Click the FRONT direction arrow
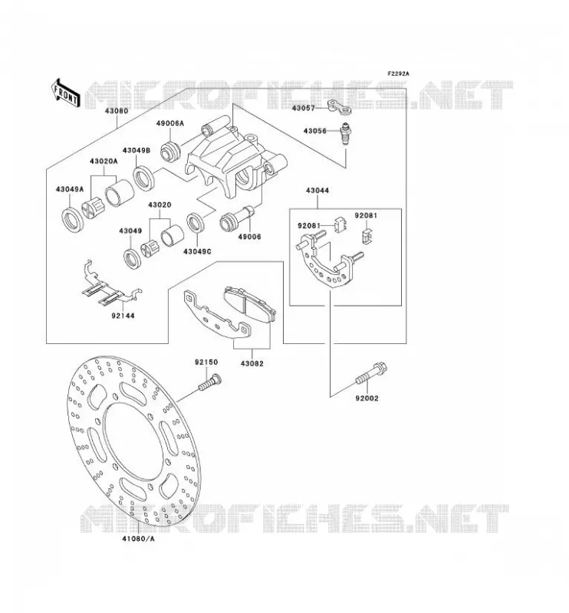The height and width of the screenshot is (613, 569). [x=65, y=93]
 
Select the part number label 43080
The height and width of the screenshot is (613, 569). [x=117, y=110]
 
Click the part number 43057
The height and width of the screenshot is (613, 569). [x=303, y=108]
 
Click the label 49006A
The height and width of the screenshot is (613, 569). [x=169, y=123]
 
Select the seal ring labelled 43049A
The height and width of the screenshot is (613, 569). [x=73, y=221]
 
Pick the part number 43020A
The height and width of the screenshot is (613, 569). [x=104, y=161]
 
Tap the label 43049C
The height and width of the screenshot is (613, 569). [x=197, y=252]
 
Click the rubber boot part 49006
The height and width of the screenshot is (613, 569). [x=237, y=219]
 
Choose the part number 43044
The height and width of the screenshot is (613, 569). [x=317, y=191]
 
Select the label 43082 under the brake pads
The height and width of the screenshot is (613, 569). [x=252, y=363]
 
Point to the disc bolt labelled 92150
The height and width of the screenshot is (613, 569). [x=209, y=382]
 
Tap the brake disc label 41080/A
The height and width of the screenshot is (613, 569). [x=138, y=539]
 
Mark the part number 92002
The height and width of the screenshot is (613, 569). [x=367, y=398]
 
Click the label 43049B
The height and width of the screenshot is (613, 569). [x=136, y=150]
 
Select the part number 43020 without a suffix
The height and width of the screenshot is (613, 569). [x=160, y=205]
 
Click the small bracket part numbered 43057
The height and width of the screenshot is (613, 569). [x=339, y=107]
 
